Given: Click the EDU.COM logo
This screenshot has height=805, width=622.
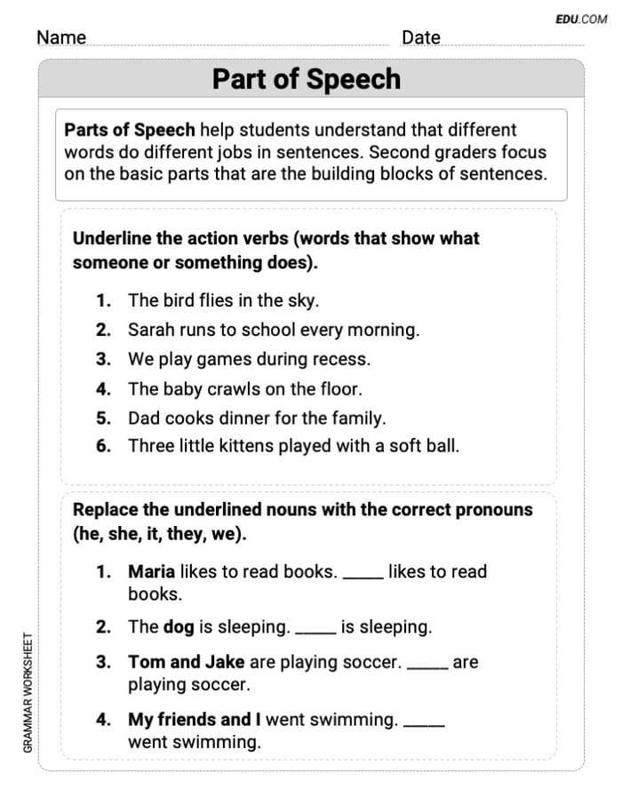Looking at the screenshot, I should click(x=581, y=19).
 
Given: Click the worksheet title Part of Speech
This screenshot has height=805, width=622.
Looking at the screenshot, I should click(x=306, y=79).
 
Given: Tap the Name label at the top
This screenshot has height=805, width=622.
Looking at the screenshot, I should click(x=61, y=37).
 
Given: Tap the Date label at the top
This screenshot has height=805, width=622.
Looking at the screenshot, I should click(x=420, y=37).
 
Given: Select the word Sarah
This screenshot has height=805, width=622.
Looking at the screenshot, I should click(x=151, y=330).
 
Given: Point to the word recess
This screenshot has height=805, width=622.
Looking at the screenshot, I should click(x=340, y=359).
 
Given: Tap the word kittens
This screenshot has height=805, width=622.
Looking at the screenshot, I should click(x=241, y=446).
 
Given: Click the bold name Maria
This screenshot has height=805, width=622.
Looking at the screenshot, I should click(x=151, y=571).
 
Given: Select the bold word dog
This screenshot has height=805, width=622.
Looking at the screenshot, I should click(x=179, y=626).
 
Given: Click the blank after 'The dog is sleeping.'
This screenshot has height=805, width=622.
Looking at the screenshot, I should click(x=315, y=631).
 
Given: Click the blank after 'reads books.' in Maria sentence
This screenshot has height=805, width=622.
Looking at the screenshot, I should click(x=363, y=576).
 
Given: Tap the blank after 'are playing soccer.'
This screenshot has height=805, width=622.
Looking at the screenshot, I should click(x=427, y=666).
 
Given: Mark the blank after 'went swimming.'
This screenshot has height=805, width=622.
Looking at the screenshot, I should click(x=423, y=724).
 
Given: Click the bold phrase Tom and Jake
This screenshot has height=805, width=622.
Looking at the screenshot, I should click(x=187, y=662).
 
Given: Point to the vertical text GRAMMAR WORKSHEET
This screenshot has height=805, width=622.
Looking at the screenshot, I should click(x=28, y=692).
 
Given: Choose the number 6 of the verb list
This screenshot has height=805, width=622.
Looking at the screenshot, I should click(x=104, y=446).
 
